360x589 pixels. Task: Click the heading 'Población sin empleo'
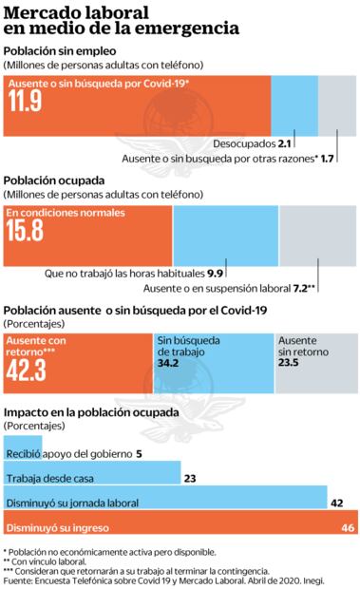(x=59, y=50)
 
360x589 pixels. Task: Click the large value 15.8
(x=27, y=229)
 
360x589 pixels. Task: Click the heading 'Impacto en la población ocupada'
(x=90, y=413)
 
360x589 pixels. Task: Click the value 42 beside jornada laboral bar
(x=335, y=503)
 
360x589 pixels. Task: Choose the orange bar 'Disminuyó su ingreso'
(x=171, y=527)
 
